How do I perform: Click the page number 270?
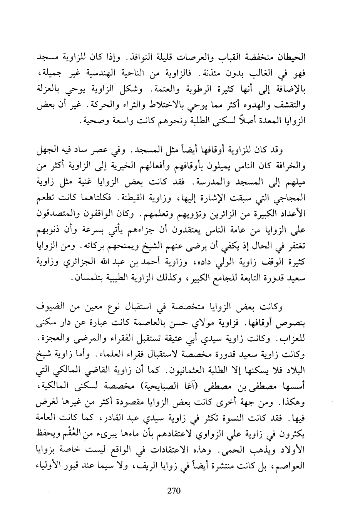174,491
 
